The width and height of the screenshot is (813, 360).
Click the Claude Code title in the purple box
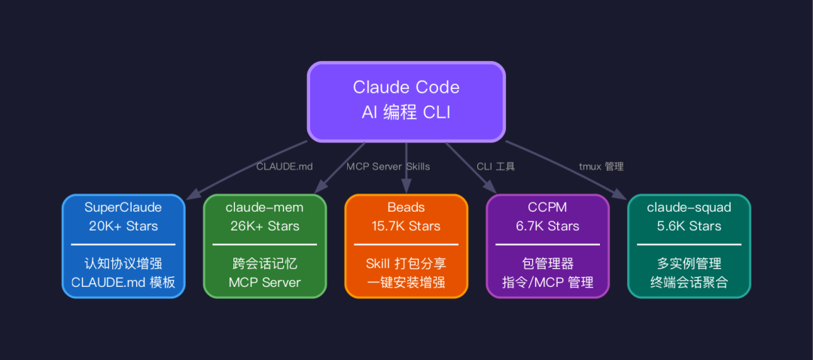406,87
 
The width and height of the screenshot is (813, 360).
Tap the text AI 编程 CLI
406,113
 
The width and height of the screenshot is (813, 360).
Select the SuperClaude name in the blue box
123,208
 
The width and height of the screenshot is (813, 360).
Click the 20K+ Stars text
123,226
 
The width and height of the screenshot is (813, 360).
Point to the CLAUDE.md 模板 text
123,282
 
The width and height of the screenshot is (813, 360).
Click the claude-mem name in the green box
264,208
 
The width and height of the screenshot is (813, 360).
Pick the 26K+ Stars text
264,226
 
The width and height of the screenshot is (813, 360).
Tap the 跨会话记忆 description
264,264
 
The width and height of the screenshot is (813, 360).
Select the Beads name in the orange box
406,208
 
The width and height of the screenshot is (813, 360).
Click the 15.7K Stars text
406,226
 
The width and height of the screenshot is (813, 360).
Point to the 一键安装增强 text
406,282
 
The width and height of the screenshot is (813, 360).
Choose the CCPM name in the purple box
547,208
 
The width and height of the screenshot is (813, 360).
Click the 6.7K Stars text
547,226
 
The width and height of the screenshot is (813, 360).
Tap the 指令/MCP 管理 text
547,282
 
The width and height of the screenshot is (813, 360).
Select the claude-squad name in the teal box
689,208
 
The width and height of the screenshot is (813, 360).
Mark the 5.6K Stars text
689,226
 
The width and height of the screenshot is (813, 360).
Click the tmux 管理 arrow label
601,166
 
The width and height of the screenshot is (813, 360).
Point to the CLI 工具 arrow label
495,166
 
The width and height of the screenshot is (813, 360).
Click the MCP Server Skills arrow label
388,166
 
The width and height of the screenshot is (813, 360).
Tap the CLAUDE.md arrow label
285,166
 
